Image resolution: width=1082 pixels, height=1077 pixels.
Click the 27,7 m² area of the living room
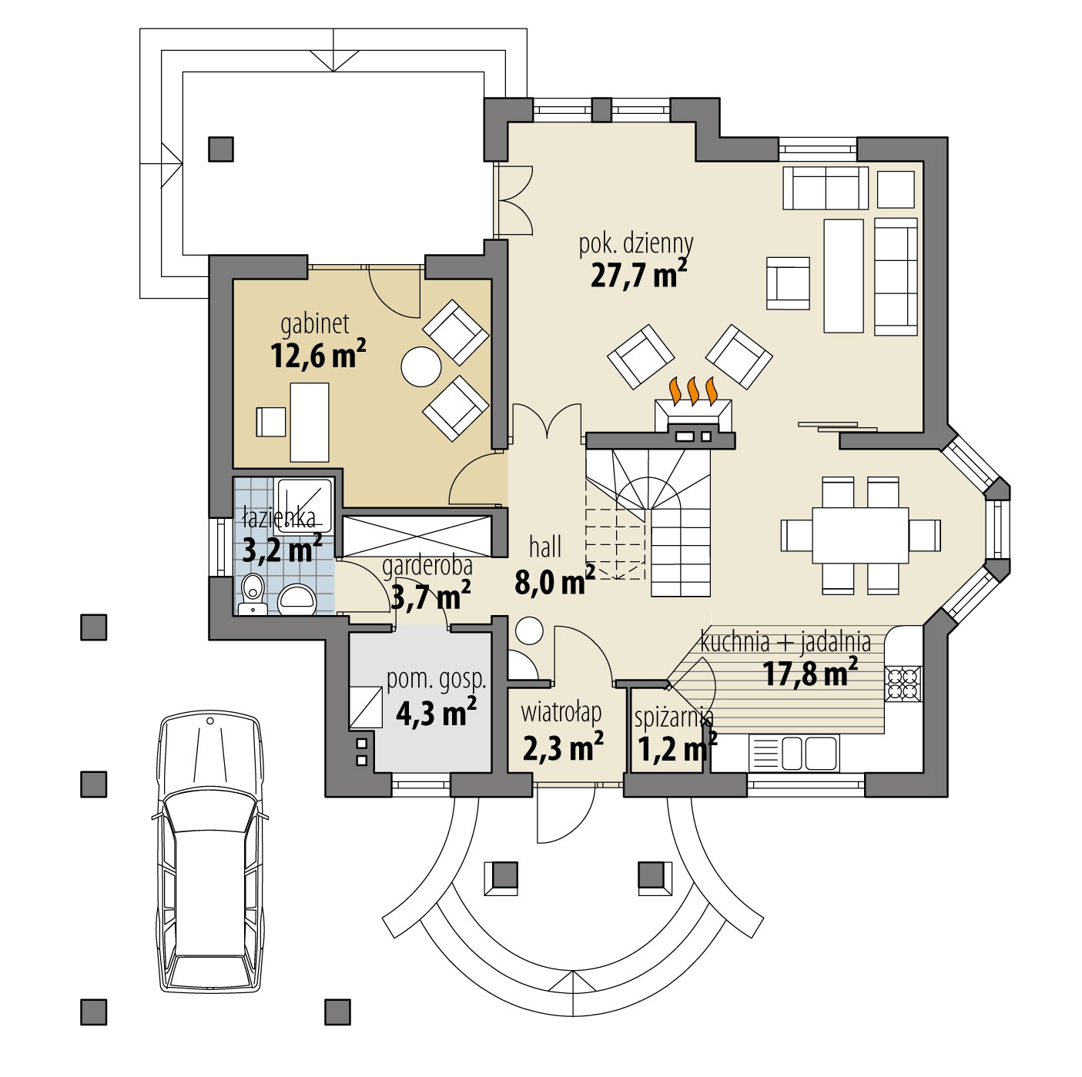pos(639,273)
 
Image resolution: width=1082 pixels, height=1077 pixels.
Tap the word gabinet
pos(314,324)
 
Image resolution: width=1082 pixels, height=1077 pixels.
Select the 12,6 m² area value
pos(318,354)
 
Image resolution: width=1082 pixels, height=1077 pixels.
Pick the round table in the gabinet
pos(421,366)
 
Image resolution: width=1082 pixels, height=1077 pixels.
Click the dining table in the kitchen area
pos(860,535)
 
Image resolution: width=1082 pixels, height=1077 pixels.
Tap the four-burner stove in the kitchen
pos(903,684)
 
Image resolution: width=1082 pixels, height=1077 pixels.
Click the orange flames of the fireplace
pos(694,390)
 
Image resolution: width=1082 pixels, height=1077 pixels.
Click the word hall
pos(544,547)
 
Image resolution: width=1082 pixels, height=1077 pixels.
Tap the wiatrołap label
pos(561,712)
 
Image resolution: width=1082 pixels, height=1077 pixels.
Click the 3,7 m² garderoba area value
pos(430,597)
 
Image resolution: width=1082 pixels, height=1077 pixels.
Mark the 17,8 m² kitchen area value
pos(809,672)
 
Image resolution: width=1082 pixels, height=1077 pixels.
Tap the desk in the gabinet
pos(310,423)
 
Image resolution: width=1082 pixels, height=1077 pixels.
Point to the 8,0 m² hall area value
pos(554,581)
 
